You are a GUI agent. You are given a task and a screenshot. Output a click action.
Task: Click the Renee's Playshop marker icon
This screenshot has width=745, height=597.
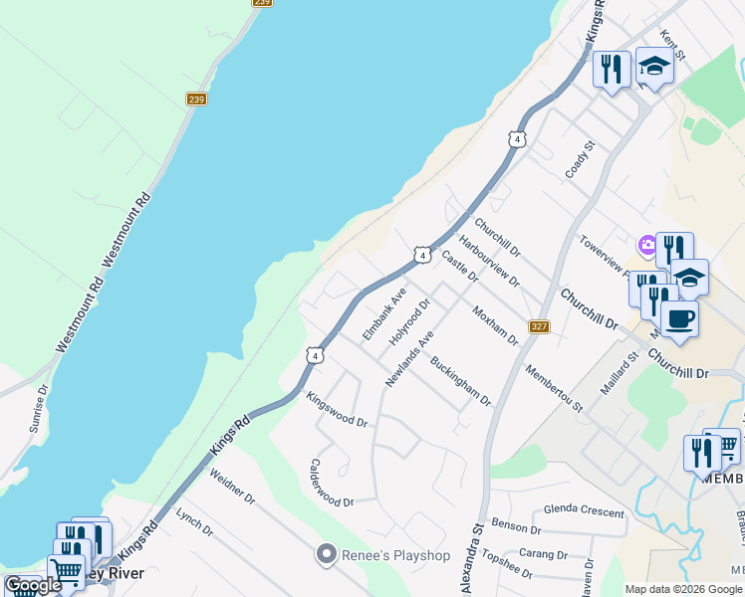point(326,555)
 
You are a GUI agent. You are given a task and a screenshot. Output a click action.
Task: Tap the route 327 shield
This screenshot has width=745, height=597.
point(539,326)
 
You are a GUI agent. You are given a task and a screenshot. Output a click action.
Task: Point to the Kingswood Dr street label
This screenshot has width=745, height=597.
point(337,410)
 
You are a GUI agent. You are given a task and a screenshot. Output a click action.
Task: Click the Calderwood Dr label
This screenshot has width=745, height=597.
point(332,484)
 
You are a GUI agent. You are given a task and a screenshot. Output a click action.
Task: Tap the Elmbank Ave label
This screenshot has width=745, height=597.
point(384,315)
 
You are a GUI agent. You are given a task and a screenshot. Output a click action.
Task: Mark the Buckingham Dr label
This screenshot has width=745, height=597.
point(460,381)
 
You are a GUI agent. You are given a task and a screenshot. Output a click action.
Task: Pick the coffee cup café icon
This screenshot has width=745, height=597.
point(679,319)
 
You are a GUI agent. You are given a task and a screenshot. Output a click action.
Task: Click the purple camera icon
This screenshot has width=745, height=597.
point(646,244)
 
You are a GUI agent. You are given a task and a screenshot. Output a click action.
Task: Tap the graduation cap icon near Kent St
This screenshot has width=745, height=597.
point(654,66)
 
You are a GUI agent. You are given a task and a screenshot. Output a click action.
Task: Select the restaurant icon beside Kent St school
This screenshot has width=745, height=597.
point(612,68)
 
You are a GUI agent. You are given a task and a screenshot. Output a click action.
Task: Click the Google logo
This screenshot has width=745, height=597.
point(33,585)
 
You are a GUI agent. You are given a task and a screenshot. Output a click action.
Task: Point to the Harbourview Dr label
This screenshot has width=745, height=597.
point(488,260)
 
